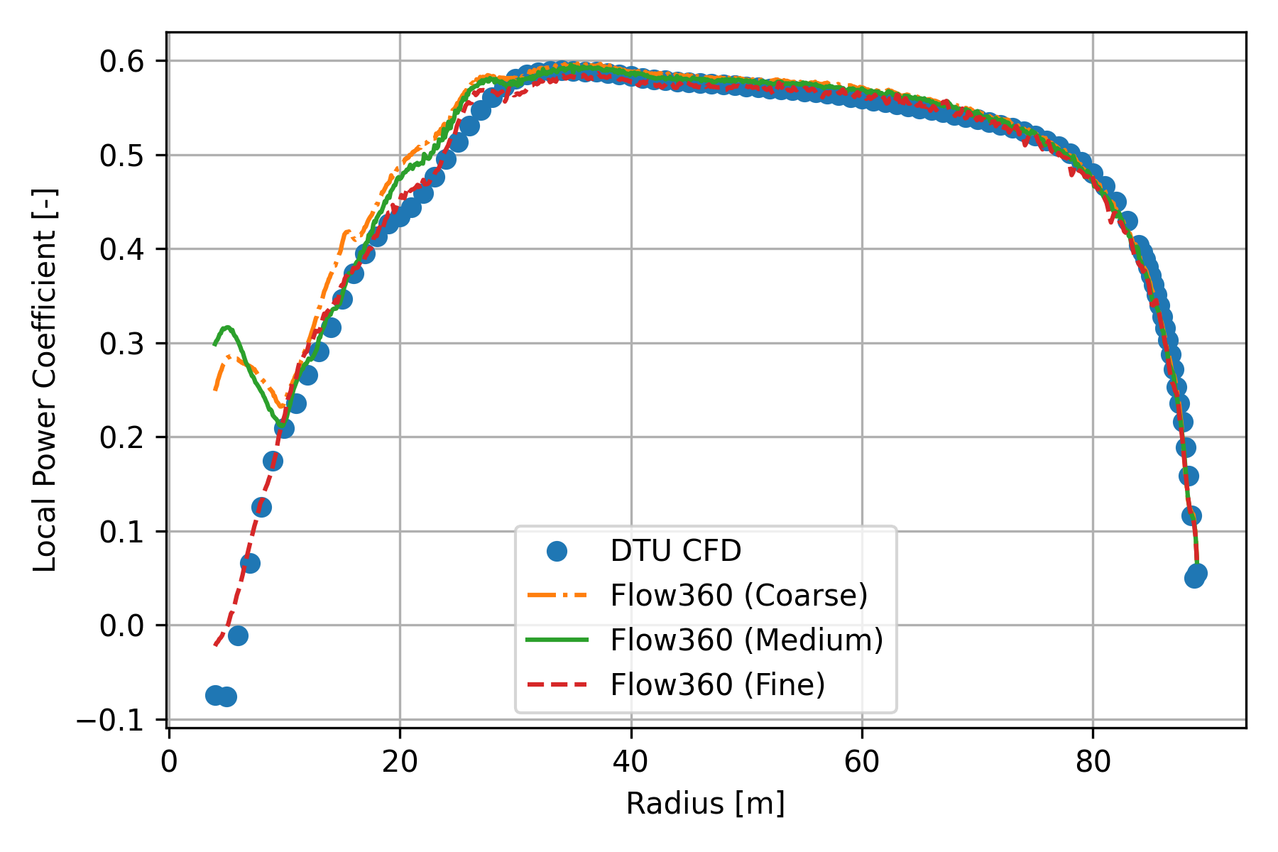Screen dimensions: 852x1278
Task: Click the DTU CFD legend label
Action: (x=675, y=551)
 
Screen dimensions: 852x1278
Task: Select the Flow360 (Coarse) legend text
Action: (x=738, y=595)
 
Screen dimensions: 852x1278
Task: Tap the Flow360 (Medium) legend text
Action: (x=746, y=640)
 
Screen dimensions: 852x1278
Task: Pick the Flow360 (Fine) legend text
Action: (x=717, y=684)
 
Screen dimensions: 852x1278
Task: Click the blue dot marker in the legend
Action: (x=557, y=551)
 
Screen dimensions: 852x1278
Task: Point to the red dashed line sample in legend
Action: (x=557, y=684)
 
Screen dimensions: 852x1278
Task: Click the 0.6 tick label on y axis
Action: (x=122, y=62)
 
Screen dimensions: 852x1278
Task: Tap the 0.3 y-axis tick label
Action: (x=122, y=344)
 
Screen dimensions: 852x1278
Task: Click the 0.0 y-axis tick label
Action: (x=122, y=626)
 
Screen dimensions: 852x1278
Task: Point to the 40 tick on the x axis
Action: (x=630, y=762)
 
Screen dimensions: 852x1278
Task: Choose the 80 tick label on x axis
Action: (x=1093, y=762)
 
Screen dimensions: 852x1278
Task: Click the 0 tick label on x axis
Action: (x=169, y=762)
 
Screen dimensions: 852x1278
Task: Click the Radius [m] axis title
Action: (x=705, y=804)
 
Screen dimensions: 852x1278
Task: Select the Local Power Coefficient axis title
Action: (x=45, y=380)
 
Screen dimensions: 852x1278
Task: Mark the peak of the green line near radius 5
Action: (x=226, y=327)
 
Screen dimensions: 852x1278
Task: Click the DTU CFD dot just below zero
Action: (x=238, y=635)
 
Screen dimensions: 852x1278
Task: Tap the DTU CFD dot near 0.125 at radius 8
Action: (x=261, y=507)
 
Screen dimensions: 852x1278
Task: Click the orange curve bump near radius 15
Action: (x=346, y=232)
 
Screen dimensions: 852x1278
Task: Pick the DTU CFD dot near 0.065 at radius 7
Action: (x=250, y=564)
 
